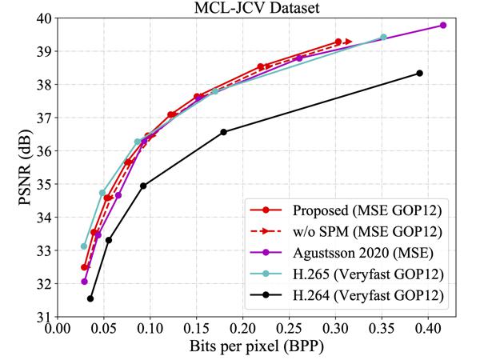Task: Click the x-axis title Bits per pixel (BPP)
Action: (x=250, y=348)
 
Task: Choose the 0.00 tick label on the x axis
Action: (x=58, y=328)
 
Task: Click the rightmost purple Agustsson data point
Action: (x=442, y=26)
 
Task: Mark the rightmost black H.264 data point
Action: (x=419, y=73)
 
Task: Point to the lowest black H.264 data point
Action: (x=90, y=298)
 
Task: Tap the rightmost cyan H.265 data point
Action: (x=383, y=37)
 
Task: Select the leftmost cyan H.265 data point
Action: (x=84, y=246)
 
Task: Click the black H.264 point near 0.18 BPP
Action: (x=223, y=132)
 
